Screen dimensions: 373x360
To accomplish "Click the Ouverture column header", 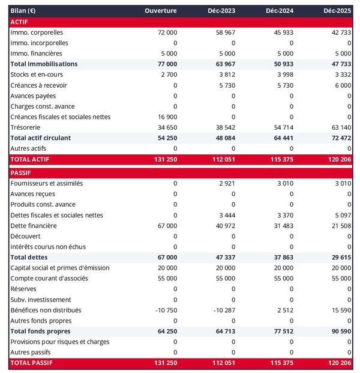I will click(x=161, y=11).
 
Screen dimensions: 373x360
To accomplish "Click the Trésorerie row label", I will click(x=27, y=127).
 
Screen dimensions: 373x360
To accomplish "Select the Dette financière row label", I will click(x=34, y=226).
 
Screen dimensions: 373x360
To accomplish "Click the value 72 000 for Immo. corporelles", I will click(x=166, y=32).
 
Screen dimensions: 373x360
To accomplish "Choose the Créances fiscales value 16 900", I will click(x=166, y=117).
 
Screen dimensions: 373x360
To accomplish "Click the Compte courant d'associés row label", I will click(x=49, y=279).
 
